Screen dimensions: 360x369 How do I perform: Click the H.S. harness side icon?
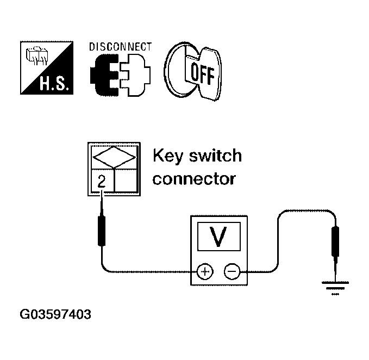(x=47, y=68)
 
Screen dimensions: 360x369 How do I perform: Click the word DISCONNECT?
(x=120, y=47)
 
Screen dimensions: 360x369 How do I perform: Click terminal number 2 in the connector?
(x=101, y=183)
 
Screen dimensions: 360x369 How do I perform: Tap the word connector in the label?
(x=194, y=178)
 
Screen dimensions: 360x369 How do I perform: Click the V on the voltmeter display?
(x=218, y=237)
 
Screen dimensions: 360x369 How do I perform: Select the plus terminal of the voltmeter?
(x=204, y=270)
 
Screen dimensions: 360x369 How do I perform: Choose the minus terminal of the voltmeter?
(x=232, y=270)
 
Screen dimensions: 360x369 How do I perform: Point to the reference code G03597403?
(x=55, y=314)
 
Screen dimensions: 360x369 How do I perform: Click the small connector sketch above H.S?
(x=37, y=54)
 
